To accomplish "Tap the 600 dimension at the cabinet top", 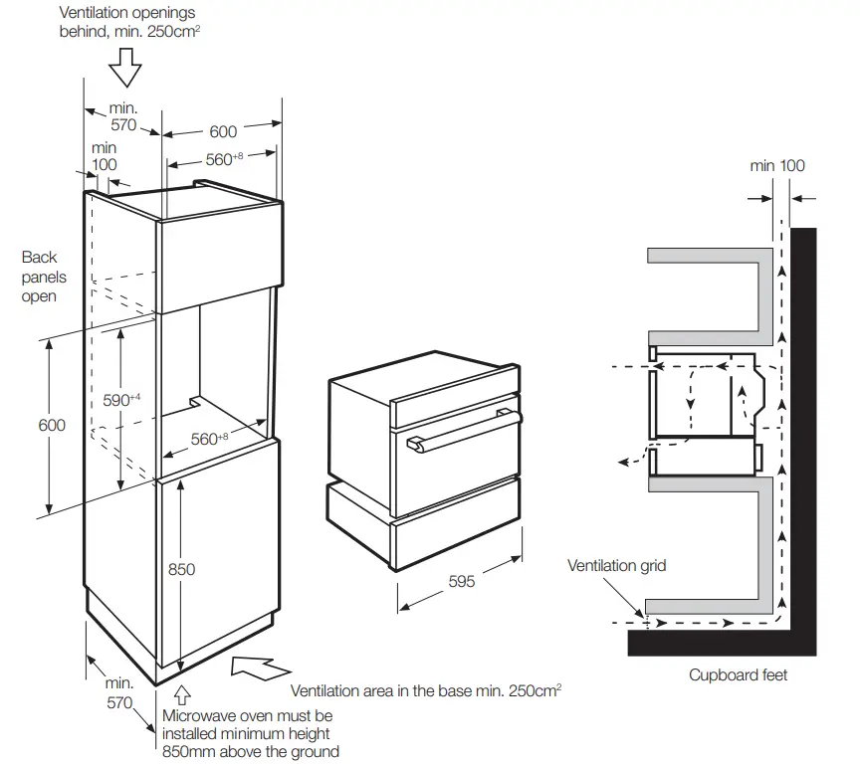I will click(x=223, y=131).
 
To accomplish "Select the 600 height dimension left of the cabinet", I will click(x=52, y=425).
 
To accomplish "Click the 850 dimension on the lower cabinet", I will click(x=181, y=569).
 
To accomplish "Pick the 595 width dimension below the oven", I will click(x=461, y=582).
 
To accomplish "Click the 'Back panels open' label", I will click(x=40, y=277).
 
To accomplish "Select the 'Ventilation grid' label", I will click(x=616, y=566).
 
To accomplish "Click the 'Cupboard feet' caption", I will click(x=738, y=675).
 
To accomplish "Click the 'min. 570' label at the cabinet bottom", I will click(x=118, y=693).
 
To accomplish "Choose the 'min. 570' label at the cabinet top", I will click(x=122, y=116).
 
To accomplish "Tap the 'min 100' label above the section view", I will click(x=777, y=166).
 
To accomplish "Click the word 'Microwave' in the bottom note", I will click(x=199, y=716).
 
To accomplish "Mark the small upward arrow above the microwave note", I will click(x=181, y=697).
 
